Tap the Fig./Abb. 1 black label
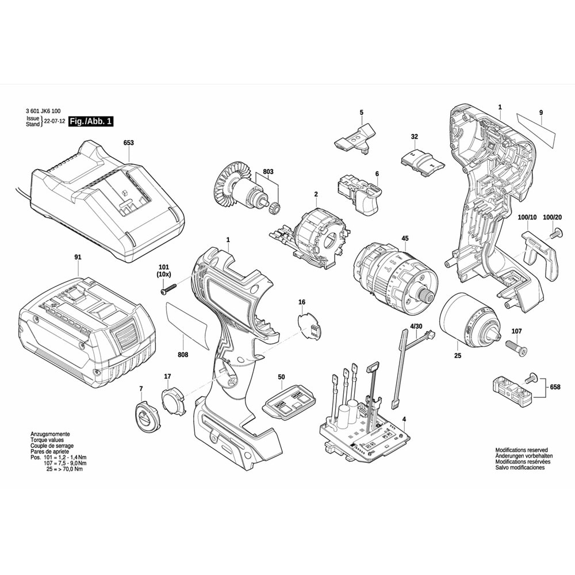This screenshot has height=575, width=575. pos(91,121)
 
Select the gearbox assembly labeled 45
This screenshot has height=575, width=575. pos(394,277)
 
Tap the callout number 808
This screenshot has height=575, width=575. pos(183,355)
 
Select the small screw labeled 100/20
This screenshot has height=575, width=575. pos(556,233)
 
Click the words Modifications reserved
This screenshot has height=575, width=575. pos(522,450)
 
